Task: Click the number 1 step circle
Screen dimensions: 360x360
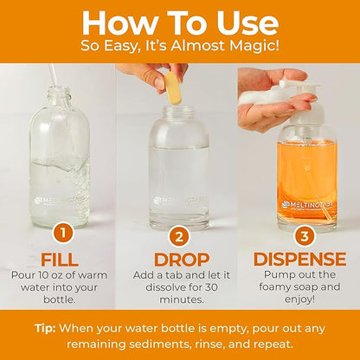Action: (x=62, y=234)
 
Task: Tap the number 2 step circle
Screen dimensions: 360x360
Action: (x=179, y=237)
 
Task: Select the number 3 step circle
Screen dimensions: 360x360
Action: (x=305, y=236)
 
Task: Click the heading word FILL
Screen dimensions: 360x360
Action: (x=60, y=260)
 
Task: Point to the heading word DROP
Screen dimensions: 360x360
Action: (x=182, y=260)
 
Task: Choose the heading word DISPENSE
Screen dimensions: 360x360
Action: (x=299, y=259)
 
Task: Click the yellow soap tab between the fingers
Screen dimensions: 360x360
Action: (x=173, y=88)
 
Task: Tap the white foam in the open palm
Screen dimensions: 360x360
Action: (x=260, y=94)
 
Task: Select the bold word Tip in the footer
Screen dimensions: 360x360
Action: (x=45, y=329)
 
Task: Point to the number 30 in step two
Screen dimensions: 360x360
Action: (x=211, y=287)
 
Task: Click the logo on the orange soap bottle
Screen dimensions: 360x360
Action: (x=307, y=205)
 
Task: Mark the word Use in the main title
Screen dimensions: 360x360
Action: (x=247, y=23)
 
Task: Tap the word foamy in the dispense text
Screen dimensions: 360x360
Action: (x=274, y=287)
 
